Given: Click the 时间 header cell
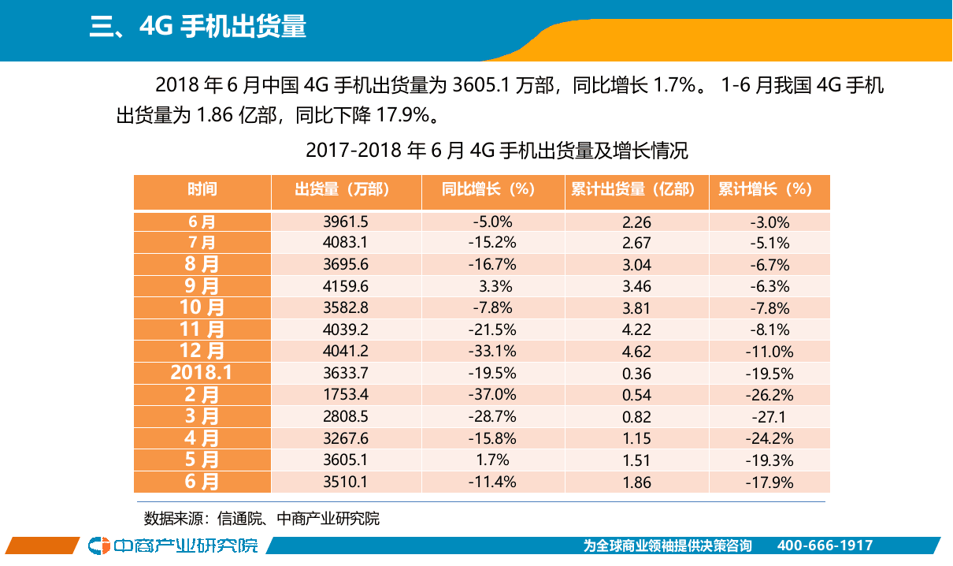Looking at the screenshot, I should (x=202, y=190).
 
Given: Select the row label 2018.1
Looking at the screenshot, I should (x=202, y=374).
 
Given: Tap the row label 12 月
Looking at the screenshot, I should (x=202, y=352).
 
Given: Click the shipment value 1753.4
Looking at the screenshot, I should (x=346, y=395).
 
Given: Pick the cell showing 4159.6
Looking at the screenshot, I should (x=346, y=286).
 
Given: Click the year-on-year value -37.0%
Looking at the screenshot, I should (x=492, y=395).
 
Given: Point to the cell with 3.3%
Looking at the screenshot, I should (x=495, y=286).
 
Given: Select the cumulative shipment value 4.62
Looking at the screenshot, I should (x=636, y=352).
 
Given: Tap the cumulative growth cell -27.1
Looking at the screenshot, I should (x=769, y=417).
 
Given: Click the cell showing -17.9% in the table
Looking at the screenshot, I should (x=769, y=482).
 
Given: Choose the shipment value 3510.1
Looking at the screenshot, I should (x=346, y=482).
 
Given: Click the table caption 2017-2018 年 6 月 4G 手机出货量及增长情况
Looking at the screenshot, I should (x=496, y=150).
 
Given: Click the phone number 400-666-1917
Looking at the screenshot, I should (x=825, y=546).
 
